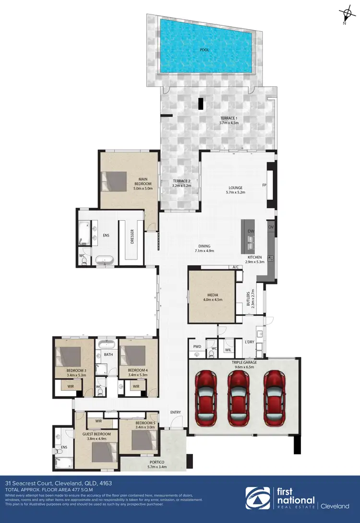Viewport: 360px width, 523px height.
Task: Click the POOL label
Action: point(205,49)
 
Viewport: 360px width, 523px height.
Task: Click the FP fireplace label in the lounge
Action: point(264,185)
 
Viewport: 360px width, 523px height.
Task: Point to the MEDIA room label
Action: point(213,296)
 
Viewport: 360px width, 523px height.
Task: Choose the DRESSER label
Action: point(132,236)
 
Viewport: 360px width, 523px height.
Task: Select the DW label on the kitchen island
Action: point(251,231)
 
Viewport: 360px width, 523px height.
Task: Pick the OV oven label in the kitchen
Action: point(271,227)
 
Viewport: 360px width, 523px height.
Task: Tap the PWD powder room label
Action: point(197,345)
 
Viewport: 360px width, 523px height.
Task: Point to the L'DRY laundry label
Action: point(250,342)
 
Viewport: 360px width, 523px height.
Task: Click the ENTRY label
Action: point(176,412)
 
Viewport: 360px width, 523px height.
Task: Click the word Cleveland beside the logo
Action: point(336,506)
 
